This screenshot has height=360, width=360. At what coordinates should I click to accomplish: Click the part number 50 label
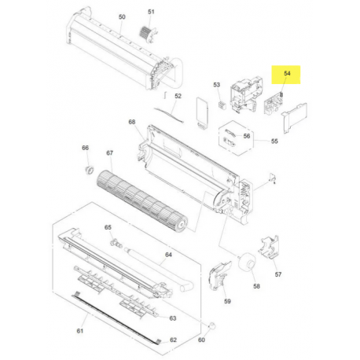122,17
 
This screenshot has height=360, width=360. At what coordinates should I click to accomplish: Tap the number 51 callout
151,12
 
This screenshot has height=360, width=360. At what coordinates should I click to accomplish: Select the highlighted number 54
287,73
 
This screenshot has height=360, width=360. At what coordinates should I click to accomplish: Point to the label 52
178,96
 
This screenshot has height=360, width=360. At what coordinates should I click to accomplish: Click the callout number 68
132,122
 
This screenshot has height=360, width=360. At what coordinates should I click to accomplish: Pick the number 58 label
256,286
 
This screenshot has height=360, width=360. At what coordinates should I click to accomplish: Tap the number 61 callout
80,331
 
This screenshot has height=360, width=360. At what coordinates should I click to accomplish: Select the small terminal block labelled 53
222,105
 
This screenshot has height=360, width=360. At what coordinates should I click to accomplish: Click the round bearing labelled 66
89,170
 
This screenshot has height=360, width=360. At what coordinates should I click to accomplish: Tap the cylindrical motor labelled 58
247,261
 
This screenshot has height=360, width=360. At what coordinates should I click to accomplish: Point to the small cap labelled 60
212,326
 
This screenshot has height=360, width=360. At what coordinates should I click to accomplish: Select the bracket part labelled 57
270,247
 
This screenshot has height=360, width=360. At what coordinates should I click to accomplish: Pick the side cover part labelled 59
219,276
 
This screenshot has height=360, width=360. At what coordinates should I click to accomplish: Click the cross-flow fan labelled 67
142,201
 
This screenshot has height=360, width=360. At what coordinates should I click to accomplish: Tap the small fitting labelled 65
116,243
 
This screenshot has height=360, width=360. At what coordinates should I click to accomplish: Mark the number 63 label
173,318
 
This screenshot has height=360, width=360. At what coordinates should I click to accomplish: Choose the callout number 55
274,141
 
